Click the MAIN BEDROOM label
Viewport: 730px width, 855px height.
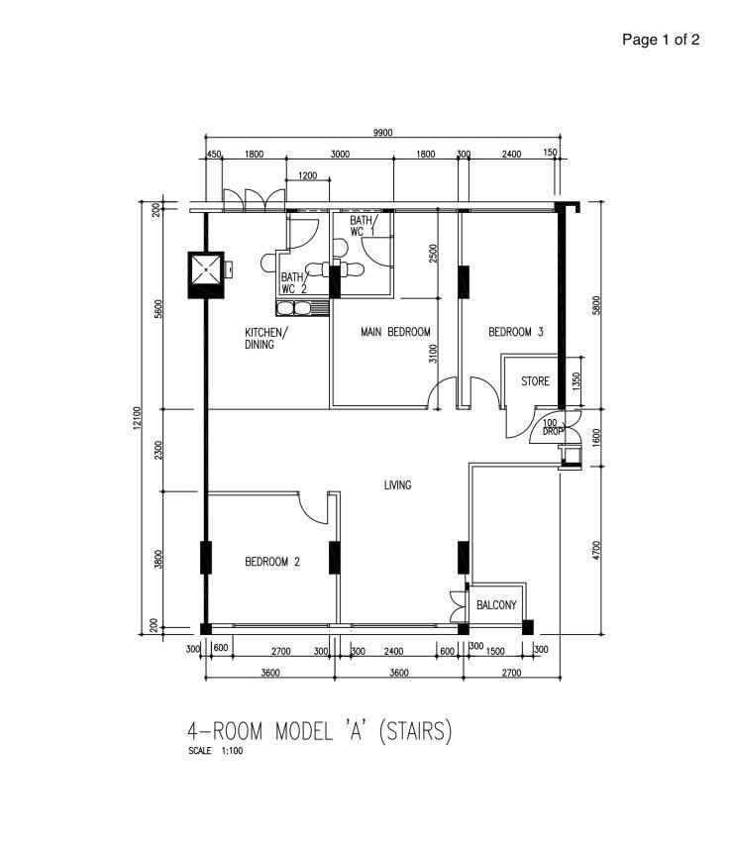tap(395, 332)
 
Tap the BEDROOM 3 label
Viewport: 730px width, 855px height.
tap(516, 332)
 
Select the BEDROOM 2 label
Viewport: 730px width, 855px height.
tap(272, 562)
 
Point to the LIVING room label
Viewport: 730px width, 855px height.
tap(397, 485)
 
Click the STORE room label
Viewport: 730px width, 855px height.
tap(535, 381)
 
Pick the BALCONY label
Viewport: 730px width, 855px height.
tap(496, 604)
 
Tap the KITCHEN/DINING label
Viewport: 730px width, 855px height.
tap(266, 338)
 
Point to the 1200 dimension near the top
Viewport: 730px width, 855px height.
tap(307, 175)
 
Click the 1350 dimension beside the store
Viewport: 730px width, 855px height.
tap(578, 383)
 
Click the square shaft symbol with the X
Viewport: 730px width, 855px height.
tap(206, 268)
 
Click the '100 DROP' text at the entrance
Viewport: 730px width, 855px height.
tap(552, 428)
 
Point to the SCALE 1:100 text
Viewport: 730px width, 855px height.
tap(215, 751)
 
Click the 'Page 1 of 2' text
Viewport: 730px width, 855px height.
tap(661, 40)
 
